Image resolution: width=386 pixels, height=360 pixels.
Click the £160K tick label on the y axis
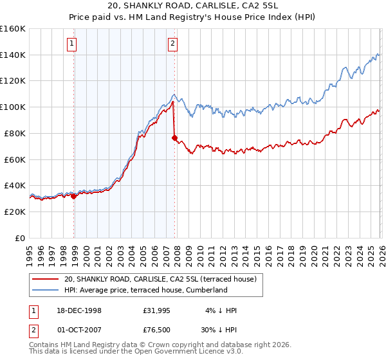coord(13,29)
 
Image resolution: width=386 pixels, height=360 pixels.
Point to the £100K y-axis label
coord(13,107)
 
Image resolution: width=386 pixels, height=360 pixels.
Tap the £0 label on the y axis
coord(19,238)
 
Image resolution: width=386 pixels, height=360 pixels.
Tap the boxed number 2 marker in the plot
coord(173,44)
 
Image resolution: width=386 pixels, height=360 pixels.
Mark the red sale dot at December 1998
coord(74,196)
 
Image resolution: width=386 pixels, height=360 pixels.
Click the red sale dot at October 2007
coord(174,138)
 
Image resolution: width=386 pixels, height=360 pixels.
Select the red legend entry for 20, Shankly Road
coord(160,279)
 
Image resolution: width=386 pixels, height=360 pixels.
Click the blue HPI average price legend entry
coord(145,290)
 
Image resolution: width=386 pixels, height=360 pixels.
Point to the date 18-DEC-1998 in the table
coord(79,310)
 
